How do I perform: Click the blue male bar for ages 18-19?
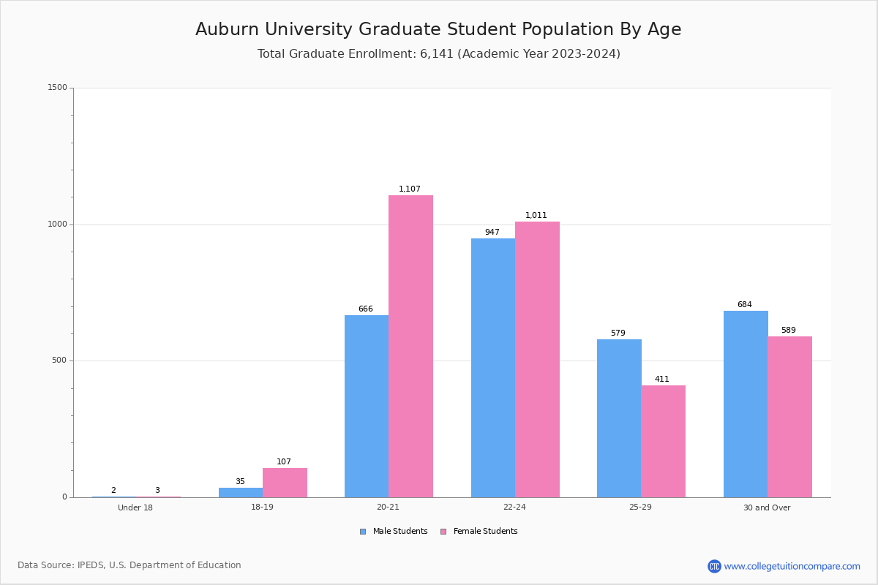point(240,492)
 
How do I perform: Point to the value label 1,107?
point(410,189)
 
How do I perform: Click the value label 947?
point(492,233)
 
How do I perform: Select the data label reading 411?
point(661,380)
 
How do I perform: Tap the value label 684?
point(744,305)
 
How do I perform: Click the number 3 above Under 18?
point(157,491)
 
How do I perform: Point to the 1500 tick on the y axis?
point(58,88)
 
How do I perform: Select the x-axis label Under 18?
point(135,507)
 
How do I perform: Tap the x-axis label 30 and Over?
point(767,507)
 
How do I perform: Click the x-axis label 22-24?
point(514,507)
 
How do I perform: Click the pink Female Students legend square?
point(443,532)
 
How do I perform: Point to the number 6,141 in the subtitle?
point(436,54)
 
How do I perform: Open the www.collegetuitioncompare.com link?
point(792,566)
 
